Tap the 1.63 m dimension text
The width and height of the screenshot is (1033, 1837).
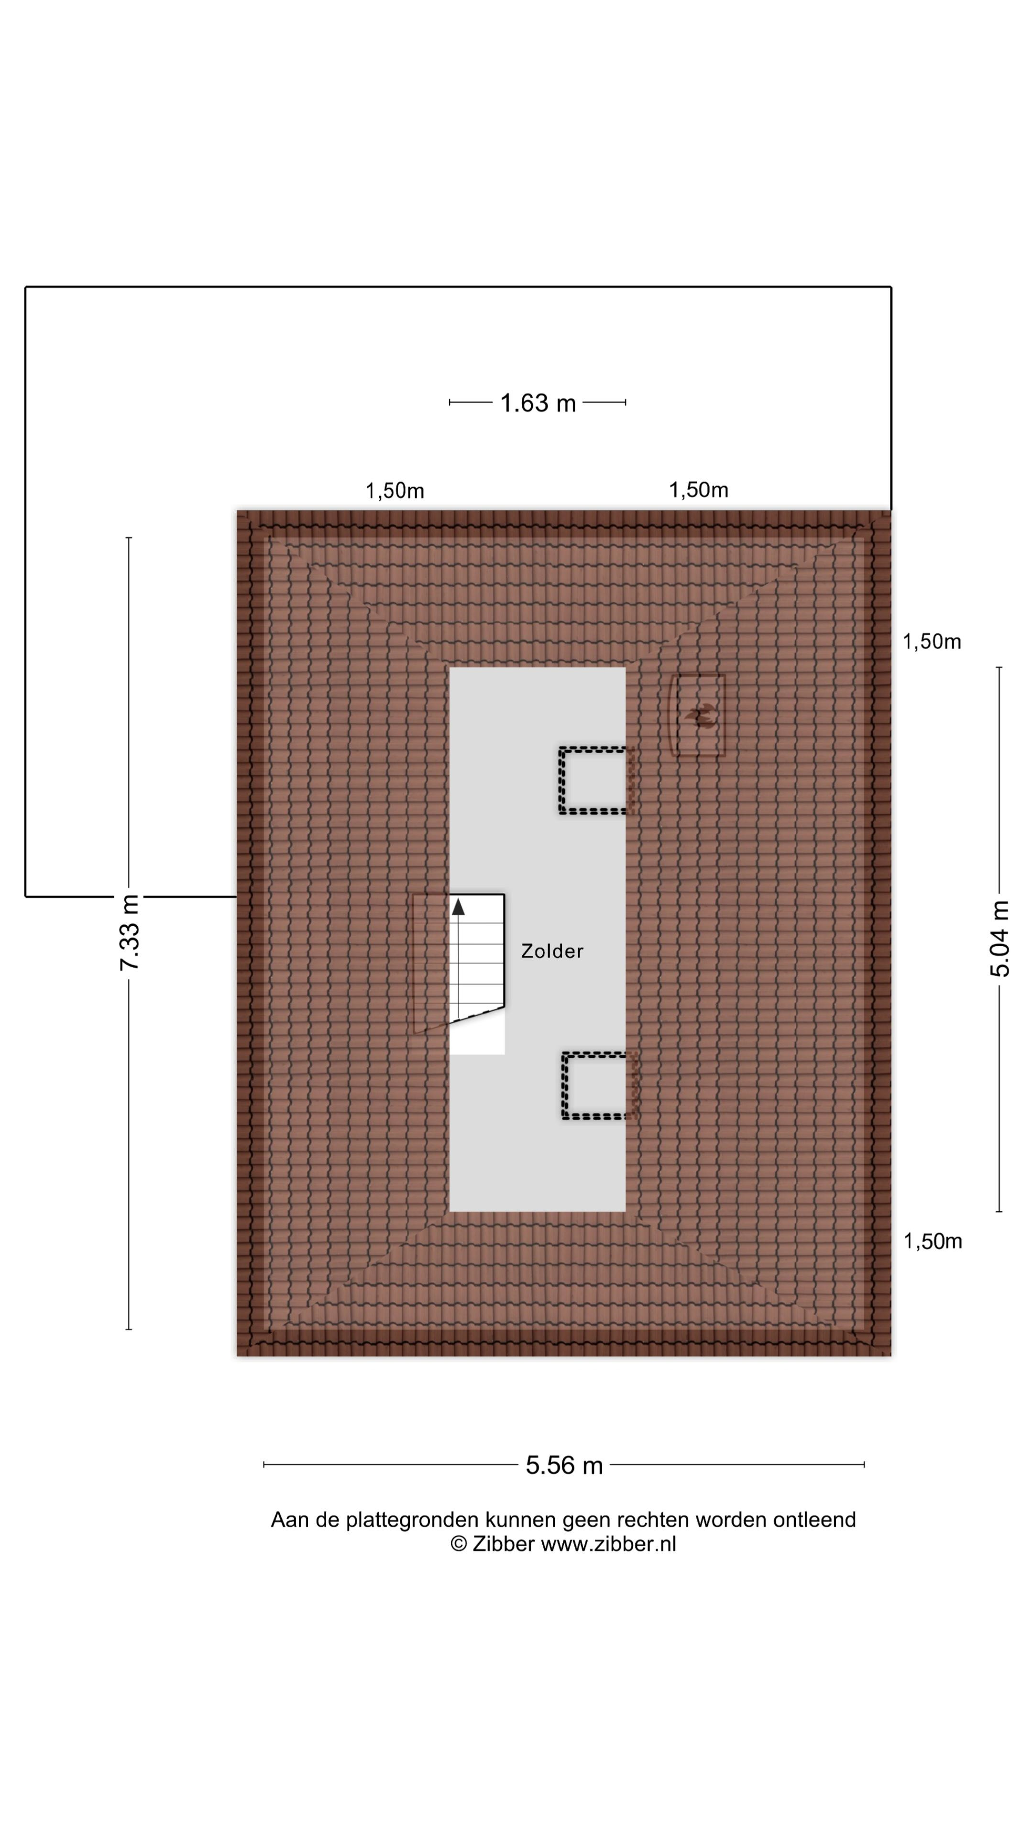point(538,403)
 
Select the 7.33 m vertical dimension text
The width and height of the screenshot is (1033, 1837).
point(130,932)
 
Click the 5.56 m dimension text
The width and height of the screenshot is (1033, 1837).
point(564,1465)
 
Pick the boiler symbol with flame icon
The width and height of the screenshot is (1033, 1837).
point(699,715)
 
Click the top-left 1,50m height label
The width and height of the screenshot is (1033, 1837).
point(395,491)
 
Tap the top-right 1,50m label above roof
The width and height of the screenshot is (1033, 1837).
point(699,490)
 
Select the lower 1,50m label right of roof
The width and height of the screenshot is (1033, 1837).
point(933,1241)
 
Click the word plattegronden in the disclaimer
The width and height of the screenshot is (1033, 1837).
point(412,1520)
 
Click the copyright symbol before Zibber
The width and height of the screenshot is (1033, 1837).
point(459,1545)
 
